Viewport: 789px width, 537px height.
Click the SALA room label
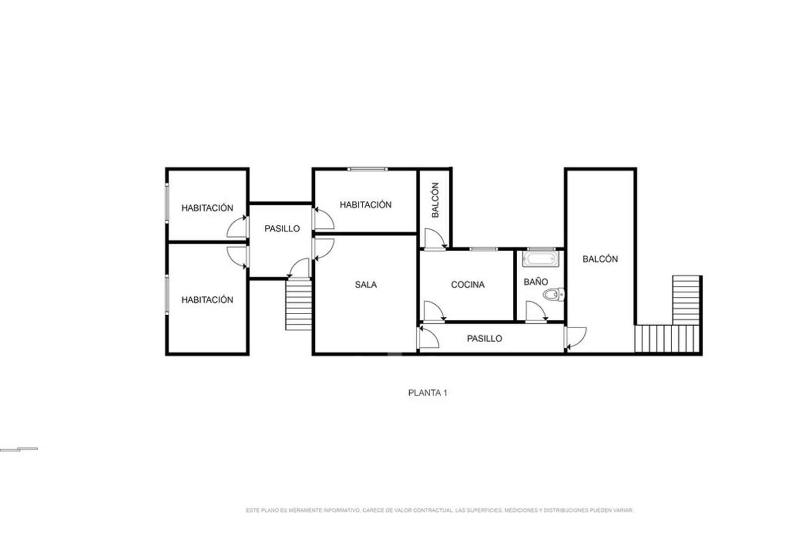(366, 284)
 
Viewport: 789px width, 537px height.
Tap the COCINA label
(468, 284)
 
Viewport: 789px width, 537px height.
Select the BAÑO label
(536, 282)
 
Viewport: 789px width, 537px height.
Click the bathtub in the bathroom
(541, 259)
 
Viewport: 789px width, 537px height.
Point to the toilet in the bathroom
(553, 294)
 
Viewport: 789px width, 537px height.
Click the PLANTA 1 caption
(428, 393)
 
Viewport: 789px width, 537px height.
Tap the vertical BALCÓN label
(435, 200)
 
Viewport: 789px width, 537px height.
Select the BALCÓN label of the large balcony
(600, 259)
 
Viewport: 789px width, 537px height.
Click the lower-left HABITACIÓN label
(207, 300)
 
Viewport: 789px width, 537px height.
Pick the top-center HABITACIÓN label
(366, 204)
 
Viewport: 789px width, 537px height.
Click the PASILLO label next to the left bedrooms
(282, 229)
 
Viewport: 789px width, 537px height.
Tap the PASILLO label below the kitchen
(484, 339)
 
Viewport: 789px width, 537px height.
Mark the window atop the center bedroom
(367, 169)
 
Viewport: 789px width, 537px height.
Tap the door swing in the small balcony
(436, 239)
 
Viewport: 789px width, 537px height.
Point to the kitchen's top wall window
(483, 249)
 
